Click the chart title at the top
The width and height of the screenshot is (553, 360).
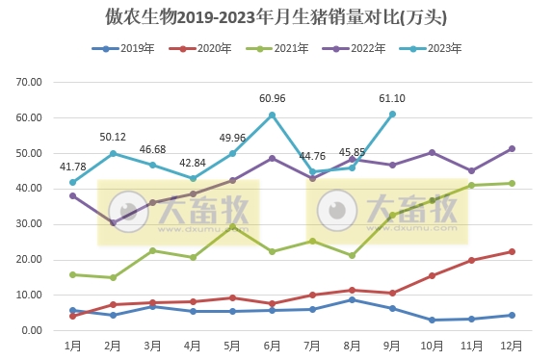[x=276, y=18]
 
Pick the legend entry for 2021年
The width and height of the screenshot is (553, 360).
[x=275, y=48]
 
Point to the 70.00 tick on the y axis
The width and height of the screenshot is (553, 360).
[x=31, y=83]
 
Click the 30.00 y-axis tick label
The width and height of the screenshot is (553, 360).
[x=31, y=224]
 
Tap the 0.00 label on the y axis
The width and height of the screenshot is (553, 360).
[x=34, y=331]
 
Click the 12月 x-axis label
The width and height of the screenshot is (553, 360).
[x=513, y=345]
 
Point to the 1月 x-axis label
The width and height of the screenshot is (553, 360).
[x=72, y=345]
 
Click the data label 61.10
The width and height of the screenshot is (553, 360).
[x=392, y=98]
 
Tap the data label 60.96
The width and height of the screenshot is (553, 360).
[x=273, y=98]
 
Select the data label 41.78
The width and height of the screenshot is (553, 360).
[x=73, y=167]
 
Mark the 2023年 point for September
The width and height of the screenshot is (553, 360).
[x=392, y=114]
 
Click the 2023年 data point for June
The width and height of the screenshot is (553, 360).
[x=273, y=115]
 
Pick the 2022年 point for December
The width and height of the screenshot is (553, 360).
[x=513, y=148]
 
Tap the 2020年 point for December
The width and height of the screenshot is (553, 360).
[x=513, y=251]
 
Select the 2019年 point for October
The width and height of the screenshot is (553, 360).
[x=433, y=320]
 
